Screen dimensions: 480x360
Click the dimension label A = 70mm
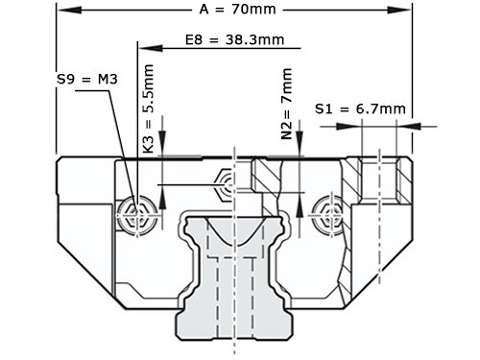(237, 10)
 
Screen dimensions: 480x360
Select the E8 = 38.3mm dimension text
(234, 40)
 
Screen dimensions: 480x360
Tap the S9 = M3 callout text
(87, 79)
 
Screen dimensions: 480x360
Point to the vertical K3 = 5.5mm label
(148, 108)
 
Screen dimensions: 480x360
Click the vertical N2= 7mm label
(287, 104)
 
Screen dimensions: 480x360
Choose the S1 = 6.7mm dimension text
(360, 109)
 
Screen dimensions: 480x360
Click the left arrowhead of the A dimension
(70, 10)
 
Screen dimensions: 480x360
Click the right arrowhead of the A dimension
(398, 10)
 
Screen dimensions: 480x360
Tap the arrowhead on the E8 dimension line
(151, 48)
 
